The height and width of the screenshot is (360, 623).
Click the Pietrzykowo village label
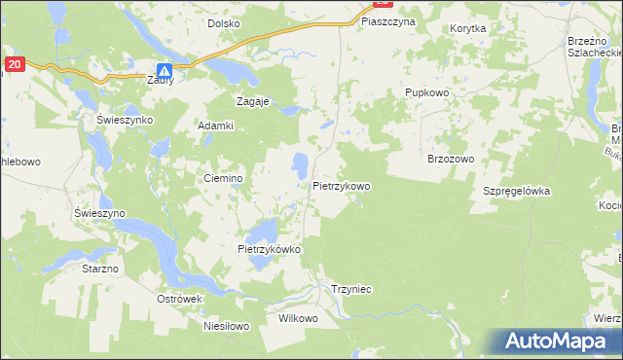[x=342, y=186]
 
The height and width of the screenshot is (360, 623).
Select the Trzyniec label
[x=351, y=289]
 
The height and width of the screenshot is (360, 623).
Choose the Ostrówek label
[x=179, y=298]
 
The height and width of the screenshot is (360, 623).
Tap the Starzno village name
[x=99, y=268]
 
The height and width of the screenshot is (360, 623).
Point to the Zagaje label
[x=253, y=100]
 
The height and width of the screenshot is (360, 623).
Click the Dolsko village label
[x=225, y=22]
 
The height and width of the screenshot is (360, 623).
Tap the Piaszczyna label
[x=387, y=20]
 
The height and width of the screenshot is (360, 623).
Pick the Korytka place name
[x=468, y=29]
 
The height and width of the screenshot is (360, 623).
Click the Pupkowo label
[x=425, y=92]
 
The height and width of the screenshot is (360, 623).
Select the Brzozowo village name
[x=450, y=159]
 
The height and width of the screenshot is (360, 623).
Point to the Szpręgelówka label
[x=517, y=192]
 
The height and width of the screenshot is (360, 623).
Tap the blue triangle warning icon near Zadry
[x=165, y=71]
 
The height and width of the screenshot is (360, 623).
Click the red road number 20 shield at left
[x=13, y=64]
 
